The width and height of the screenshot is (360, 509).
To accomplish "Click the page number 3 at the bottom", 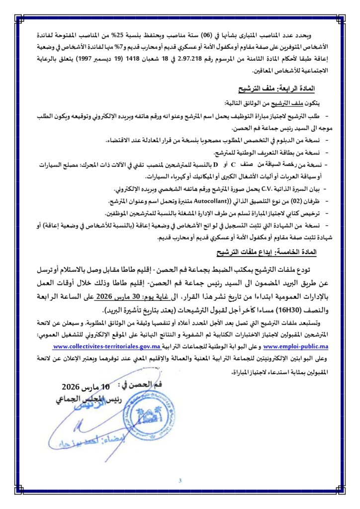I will click(x=180, y=480).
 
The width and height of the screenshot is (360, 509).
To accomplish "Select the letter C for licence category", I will click(x=232, y=165).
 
